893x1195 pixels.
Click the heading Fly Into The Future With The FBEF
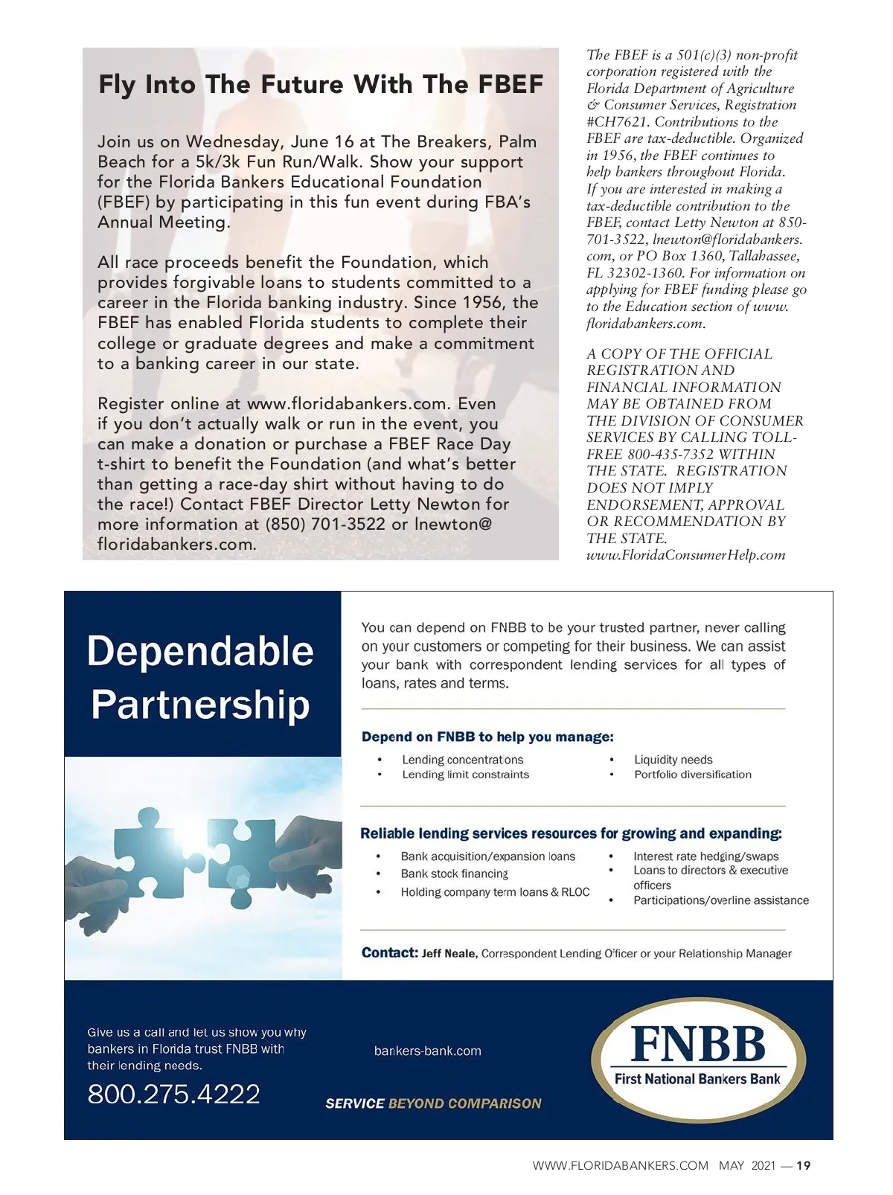(x=321, y=84)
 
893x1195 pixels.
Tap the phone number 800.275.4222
(x=173, y=1094)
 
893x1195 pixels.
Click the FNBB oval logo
(x=697, y=1059)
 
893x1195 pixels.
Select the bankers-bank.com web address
(x=427, y=1051)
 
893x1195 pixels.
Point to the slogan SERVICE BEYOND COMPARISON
(x=433, y=1103)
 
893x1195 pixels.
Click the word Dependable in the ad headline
(x=200, y=651)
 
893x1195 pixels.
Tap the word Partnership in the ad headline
(x=200, y=704)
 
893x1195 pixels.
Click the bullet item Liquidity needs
(x=673, y=760)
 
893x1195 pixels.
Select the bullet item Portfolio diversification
(x=692, y=775)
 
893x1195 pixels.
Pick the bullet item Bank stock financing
(x=454, y=874)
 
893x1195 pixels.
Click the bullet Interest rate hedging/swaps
(x=705, y=856)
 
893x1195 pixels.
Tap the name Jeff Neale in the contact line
(x=449, y=953)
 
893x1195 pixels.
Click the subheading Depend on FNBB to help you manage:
(x=487, y=737)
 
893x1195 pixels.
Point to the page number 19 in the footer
(x=804, y=1166)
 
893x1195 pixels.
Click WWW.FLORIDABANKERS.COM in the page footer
(x=620, y=1166)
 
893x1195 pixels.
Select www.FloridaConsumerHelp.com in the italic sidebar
(x=685, y=555)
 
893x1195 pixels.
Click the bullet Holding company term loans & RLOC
(x=495, y=892)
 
